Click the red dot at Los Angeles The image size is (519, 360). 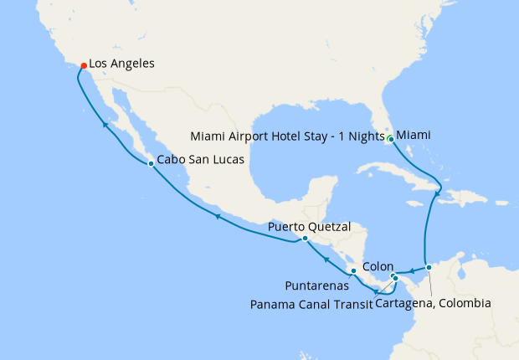(x=82, y=65)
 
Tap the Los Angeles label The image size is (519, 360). (x=121, y=63)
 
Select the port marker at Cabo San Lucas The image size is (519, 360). (x=151, y=163)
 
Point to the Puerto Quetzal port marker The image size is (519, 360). (x=305, y=238)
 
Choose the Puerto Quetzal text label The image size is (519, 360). (x=310, y=226)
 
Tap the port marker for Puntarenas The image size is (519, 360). (x=354, y=270)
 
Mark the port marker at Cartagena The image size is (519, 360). (x=429, y=268)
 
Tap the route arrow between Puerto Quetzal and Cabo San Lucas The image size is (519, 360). (x=218, y=217)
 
